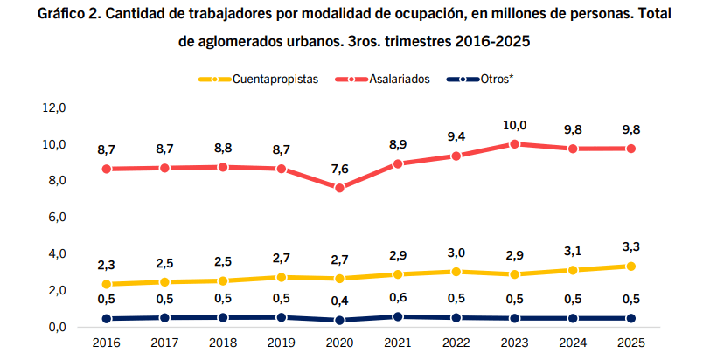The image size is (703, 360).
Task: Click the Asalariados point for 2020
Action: point(339,188)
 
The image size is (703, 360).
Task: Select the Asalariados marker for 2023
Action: point(515,144)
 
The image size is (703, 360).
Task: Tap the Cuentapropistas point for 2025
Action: point(631,267)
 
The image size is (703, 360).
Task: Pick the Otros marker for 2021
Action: point(398,316)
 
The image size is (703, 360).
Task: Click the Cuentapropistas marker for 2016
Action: point(107,284)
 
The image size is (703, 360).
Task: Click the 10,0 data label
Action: point(514,124)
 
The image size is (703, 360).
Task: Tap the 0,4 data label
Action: point(339,300)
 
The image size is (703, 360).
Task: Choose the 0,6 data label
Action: point(398,296)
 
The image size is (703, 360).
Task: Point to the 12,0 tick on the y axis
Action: point(54,107)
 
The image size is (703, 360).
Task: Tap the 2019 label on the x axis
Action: point(282,343)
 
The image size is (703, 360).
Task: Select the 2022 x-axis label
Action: point(456,343)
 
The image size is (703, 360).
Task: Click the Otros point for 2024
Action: point(573,318)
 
